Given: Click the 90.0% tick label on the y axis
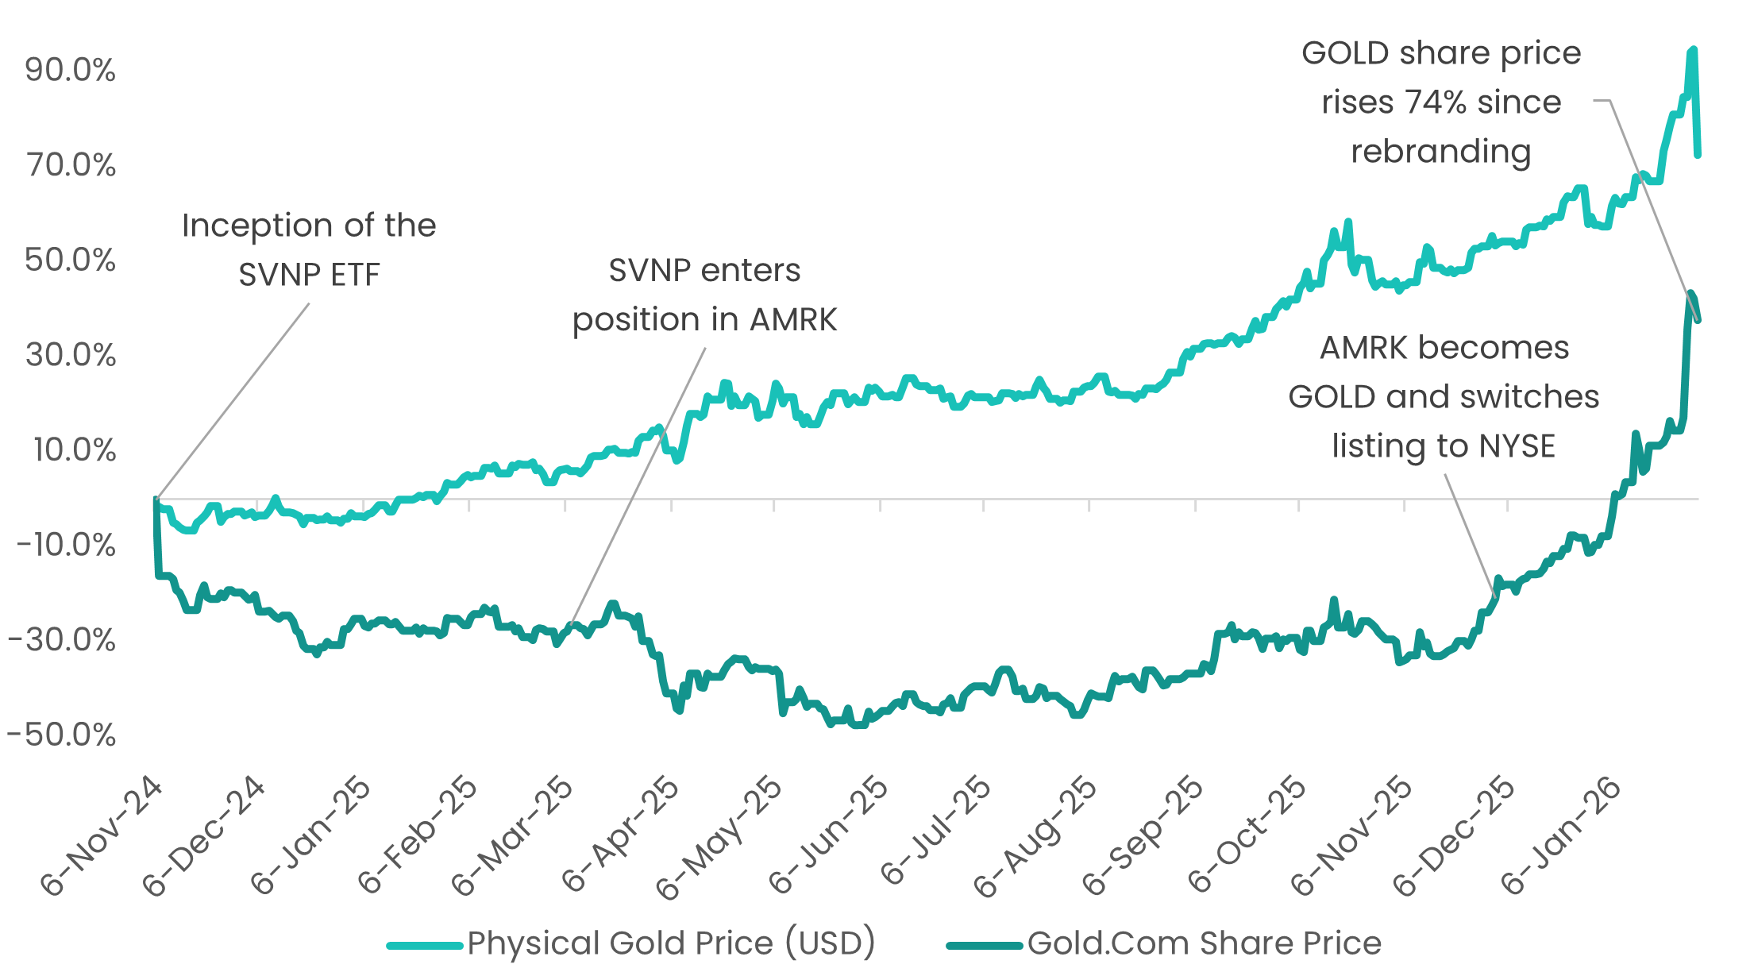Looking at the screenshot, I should click(x=70, y=70).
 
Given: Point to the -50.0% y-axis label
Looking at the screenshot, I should click(x=62, y=735).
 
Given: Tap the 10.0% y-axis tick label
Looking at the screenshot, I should click(x=74, y=449).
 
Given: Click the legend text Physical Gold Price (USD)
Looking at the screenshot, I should click(x=671, y=943).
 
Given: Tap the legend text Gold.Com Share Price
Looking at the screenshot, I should click(x=1204, y=943).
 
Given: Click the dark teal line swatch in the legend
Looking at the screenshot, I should click(x=984, y=945).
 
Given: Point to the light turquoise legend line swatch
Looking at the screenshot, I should click(x=424, y=945).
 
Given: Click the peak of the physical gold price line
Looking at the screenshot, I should click(x=1692, y=50).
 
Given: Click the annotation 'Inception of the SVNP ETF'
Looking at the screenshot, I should click(x=309, y=249).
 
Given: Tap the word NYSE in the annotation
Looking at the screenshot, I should click(x=1517, y=446).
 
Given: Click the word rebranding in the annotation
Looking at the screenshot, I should click(x=1440, y=152).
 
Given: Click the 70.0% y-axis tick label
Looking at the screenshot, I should click(x=70, y=165).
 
